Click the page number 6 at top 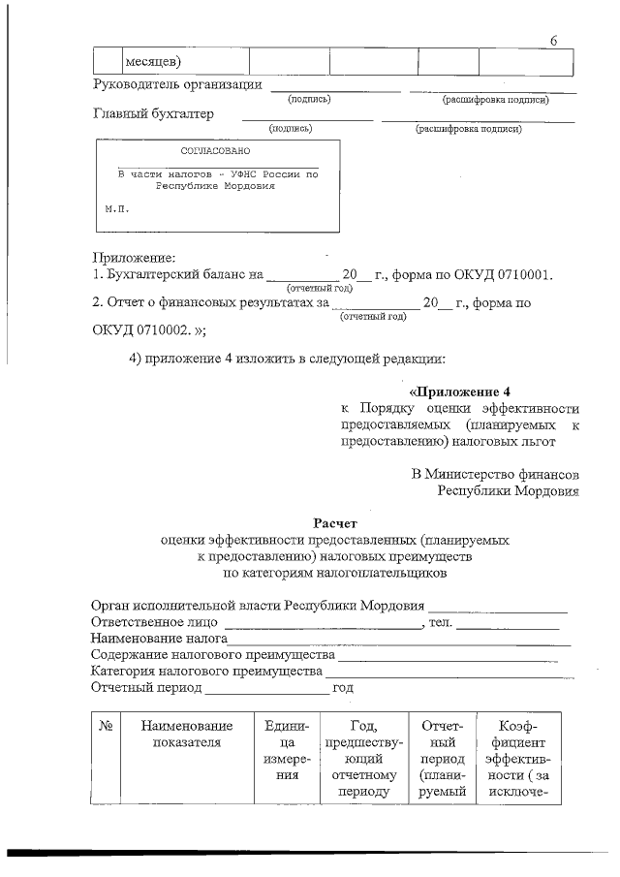point(553,41)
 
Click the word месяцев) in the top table point(153,63)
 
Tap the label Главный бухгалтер point(153,114)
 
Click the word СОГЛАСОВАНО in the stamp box point(215,152)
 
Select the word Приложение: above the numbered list point(133,257)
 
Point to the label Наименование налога point(158,640)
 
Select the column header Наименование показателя point(187,735)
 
